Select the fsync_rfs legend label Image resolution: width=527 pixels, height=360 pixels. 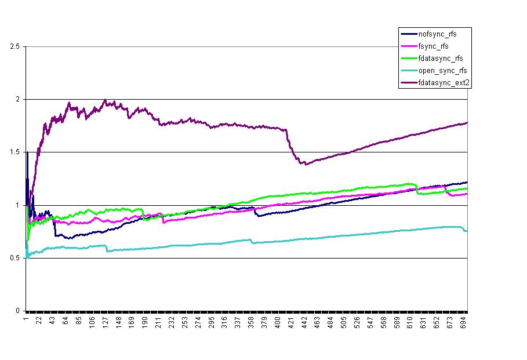point(433,46)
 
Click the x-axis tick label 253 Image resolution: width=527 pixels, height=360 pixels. point(184,322)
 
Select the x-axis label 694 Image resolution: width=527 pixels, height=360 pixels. point(461,322)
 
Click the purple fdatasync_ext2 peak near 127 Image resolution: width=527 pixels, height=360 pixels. point(105,100)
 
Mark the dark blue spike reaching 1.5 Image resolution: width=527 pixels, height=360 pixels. point(27,152)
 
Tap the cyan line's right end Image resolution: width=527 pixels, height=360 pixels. point(466,231)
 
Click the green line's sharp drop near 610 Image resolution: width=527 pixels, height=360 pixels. point(416,189)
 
